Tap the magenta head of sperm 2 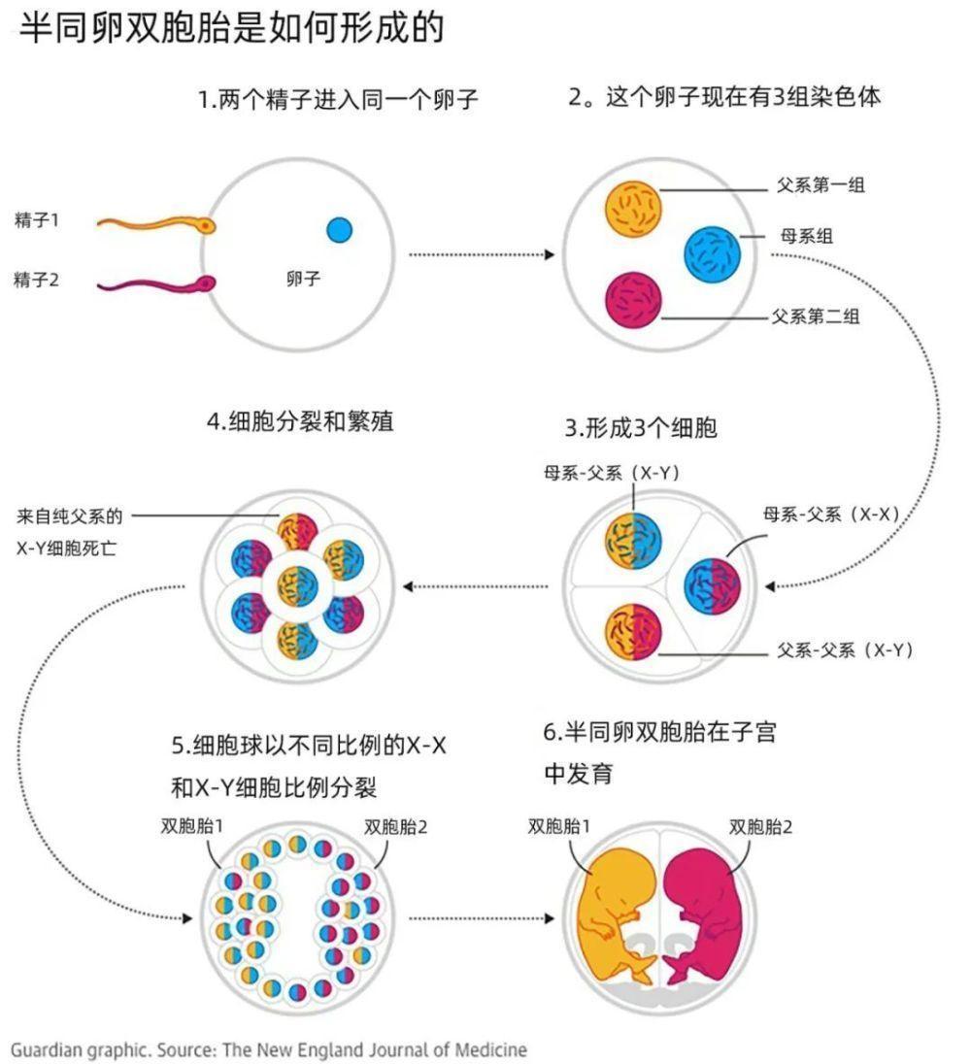coord(206,283)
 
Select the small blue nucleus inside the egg coord(339,230)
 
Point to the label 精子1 coord(37,220)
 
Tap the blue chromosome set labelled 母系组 coord(713,253)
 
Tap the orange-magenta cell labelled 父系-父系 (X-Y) coord(632,632)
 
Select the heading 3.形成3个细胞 coord(640,427)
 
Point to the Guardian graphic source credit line coord(269,1048)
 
